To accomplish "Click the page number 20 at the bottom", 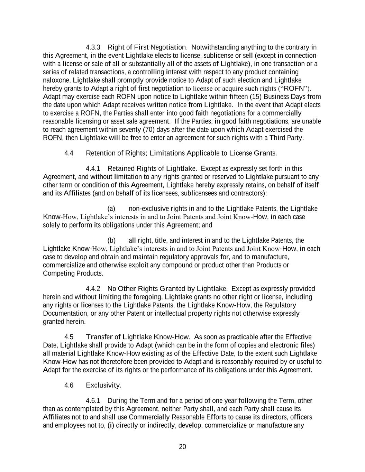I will coord(182,447).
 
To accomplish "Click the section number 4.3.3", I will coord(93,47).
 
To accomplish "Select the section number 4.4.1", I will coord(93,168).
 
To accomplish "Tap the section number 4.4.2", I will coord(93,289).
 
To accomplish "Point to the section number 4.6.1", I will coord(93,401).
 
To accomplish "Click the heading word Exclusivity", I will coord(103,385).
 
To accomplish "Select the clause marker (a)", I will coord(111,209).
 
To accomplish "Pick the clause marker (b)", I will coord(111,240).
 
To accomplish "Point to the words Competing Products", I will coord(73,274).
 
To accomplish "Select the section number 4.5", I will coord(69,337).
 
